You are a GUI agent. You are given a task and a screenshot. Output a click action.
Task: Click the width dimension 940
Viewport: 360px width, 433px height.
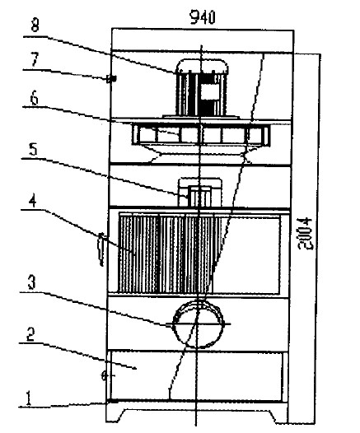[x=203, y=17]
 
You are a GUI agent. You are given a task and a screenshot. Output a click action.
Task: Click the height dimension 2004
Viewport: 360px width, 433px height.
[x=306, y=234]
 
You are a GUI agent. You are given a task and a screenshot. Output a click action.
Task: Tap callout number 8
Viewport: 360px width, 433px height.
[x=35, y=26]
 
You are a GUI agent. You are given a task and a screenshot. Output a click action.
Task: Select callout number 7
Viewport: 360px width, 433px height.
[x=35, y=59]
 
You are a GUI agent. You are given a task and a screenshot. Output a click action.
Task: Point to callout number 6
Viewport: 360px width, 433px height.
[x=35, y=98]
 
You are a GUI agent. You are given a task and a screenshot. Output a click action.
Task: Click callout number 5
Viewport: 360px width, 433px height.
[x=33, y=150]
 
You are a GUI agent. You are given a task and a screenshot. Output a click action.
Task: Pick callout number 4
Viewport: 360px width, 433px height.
[x=33, y=201]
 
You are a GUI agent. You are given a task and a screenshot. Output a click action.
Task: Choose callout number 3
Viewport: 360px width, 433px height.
[x=31, y=282]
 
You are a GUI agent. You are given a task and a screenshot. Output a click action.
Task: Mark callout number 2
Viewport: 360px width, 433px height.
[x=30, y=334]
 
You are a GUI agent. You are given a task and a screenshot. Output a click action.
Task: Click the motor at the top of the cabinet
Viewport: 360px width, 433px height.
[x=202, y=88]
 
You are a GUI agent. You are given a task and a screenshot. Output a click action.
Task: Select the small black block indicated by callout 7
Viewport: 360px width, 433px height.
[x=111, y=79]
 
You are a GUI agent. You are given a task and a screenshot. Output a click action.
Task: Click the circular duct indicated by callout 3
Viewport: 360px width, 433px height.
[x=198, y=324]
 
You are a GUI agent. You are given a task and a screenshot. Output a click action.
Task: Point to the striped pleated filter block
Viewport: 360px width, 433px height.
[x=166, y=254]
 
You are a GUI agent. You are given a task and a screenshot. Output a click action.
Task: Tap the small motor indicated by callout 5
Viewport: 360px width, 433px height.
[x=199, y=193]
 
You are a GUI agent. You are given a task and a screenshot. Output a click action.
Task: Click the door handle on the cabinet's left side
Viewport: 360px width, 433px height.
[x=101, y=249]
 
